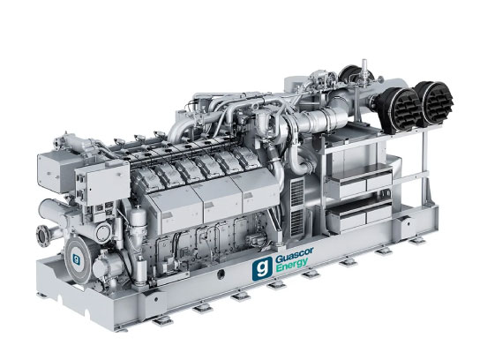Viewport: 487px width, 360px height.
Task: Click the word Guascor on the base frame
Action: click(x=294, y=256)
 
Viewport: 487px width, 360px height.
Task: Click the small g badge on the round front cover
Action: click(x=76, y=259)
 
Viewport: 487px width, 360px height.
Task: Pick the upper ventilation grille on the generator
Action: click(x=297, y=192)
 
